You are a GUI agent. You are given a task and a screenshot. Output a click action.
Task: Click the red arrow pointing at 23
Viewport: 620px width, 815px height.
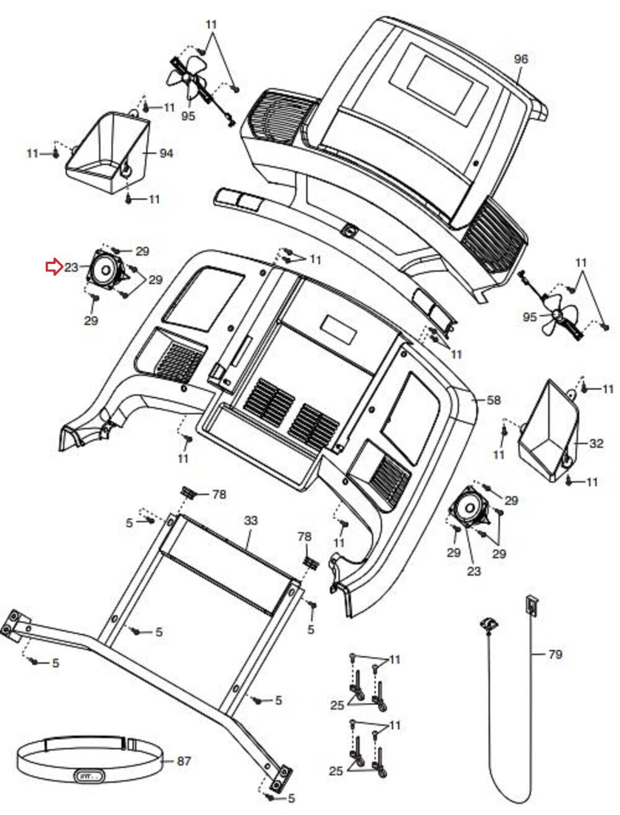click(53, 267)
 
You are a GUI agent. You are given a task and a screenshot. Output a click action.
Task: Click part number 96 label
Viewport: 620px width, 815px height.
click(521, 59)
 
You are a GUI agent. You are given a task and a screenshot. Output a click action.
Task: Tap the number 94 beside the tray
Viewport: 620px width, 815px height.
click(166, 153)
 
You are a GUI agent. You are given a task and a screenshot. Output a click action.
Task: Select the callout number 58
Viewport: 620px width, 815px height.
click(493, 400)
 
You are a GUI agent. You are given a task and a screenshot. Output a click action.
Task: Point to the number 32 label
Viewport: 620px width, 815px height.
click(596, 443)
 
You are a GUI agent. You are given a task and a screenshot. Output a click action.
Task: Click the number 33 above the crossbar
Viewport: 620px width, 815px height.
click(251, 520)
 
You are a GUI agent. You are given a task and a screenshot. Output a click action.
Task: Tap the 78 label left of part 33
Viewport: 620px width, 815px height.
click(219, 494)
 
